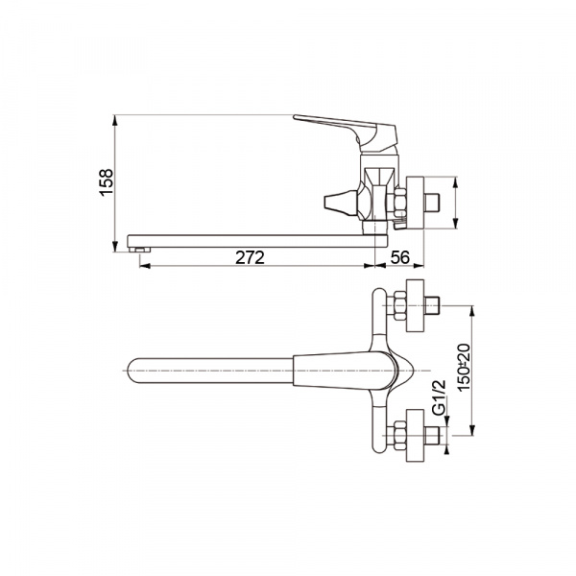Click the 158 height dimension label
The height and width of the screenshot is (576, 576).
tap(107, 182)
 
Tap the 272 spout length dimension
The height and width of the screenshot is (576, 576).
tap(250, 257)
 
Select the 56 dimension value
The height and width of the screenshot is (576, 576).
tap(399, 257)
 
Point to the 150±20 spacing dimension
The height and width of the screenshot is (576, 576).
tap(464, 367)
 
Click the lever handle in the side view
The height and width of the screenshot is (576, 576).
tap(345, 132)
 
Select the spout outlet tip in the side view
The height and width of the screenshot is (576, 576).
tap(140, 250)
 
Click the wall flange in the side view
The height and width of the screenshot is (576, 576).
tap(415, 204)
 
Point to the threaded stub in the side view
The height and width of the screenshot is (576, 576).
tap(432, 204)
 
